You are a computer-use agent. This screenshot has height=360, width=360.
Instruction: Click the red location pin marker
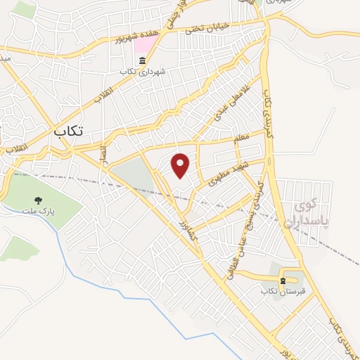pyautogui.click(x=181, y=165)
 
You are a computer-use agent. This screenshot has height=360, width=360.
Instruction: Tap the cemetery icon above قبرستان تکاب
pyautogui.click(x=283, y=280)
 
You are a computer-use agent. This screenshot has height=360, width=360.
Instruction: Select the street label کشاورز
pyautogui.click(x=186, y=232)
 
